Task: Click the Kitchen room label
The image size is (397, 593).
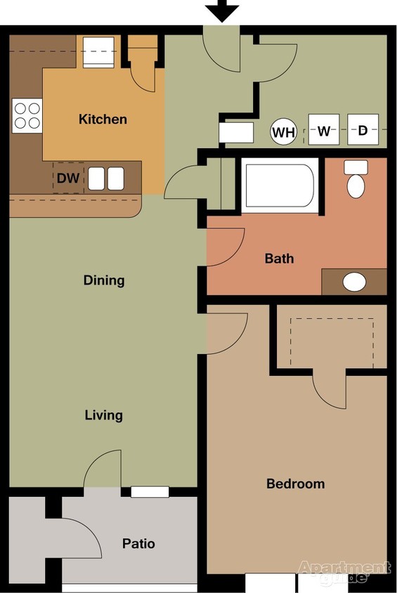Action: (x=103, y=119)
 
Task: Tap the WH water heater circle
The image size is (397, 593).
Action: (x=284, y=131)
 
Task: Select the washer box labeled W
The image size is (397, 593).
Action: (x=323, y=131)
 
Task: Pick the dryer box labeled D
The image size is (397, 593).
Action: (x=363, y=131)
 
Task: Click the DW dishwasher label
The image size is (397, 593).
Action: (x=68, y=178)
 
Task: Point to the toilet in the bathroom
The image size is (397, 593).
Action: (x=356, y=181)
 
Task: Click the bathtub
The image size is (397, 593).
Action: (x=280, y=185)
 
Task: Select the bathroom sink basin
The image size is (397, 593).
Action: (x=354, y=282)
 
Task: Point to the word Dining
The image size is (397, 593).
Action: (x=104, y=280)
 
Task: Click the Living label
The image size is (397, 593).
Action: (x=104, y=415)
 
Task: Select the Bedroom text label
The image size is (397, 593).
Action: (x=295, y=484)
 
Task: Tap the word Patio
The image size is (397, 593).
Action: (x=138, y=544)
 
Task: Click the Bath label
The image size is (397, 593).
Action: (x=279, y=259)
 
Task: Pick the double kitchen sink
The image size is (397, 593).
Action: (x=106, y=178)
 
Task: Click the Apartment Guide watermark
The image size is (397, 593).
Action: (x=344, y=571)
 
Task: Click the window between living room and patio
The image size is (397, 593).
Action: (x=150, y=492)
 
